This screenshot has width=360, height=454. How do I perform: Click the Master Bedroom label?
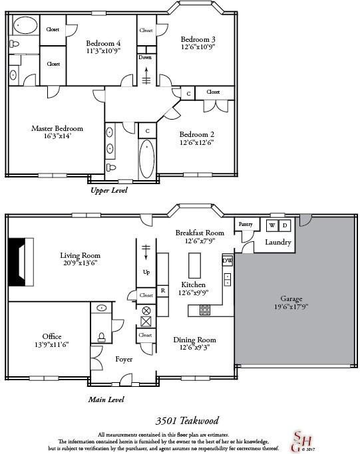tap(57, 128)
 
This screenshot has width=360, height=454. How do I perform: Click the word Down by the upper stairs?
tap(146, 57)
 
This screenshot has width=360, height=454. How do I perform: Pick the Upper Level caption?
tap(108, 190)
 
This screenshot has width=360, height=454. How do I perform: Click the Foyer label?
tap(124, 359)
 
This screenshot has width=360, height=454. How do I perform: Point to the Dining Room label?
tap(194, 340)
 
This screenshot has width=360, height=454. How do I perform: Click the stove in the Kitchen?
tap(205, 309)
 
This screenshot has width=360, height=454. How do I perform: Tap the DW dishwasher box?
tap(227, 260)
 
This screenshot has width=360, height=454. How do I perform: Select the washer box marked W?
tap(271, 226)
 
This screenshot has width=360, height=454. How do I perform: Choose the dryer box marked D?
tap(283, 226)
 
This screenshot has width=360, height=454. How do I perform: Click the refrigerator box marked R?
tap(162, 290)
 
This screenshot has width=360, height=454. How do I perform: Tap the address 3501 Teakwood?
tap(186, 420)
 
